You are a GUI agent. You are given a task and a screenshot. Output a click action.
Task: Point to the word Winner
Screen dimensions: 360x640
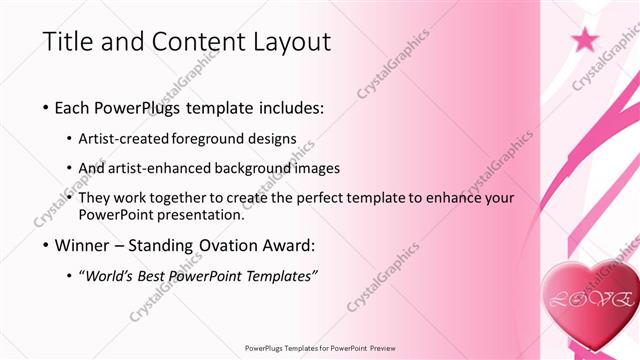coord(83,245)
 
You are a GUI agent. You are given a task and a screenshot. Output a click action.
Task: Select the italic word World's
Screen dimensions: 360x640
coord(108,276)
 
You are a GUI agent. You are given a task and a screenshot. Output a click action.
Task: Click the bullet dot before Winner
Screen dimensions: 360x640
coord(47,245)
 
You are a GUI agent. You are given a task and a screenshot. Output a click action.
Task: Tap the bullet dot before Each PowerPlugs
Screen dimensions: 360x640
coord(47,107)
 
